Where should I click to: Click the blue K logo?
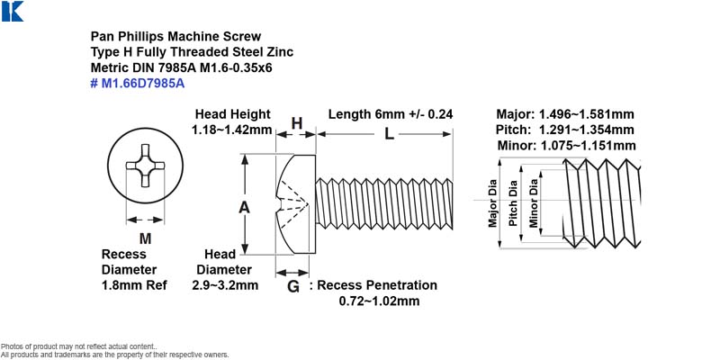pyautogui.click(x=12, y=11)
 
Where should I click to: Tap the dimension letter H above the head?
pyautogui.click(x=297, y=123)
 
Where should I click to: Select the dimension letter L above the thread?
pyautogui.click(x=389, y=134)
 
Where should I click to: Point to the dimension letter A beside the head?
pyautogui.click(x=244, y=208)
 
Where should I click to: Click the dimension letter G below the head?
pyautogui.click(x=293, y=287)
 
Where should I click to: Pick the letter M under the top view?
pyautogui.click(x=145, y=238)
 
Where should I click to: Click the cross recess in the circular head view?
pyautogui.click(x=145, y=166)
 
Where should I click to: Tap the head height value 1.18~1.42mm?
pyautogui.click(x=231, y=130)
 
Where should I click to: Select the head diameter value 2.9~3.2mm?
pyautogui.click(x=224, y=285)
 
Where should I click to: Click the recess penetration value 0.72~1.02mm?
pyautogui.click(x=379, y=301)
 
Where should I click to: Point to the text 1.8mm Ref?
pyautogui.click(x=134, y=285)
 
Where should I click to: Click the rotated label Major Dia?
pyautogui.click(x=492, y=202)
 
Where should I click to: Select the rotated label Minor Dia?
pyautogui.click(x=533, y=202)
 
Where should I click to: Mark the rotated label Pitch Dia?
pyautogui.click(x=513, y=202)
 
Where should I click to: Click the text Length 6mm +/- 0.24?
pyautogui.click(x=391, y=114)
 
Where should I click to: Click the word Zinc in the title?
pyautogui.click(x=281, y=52)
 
